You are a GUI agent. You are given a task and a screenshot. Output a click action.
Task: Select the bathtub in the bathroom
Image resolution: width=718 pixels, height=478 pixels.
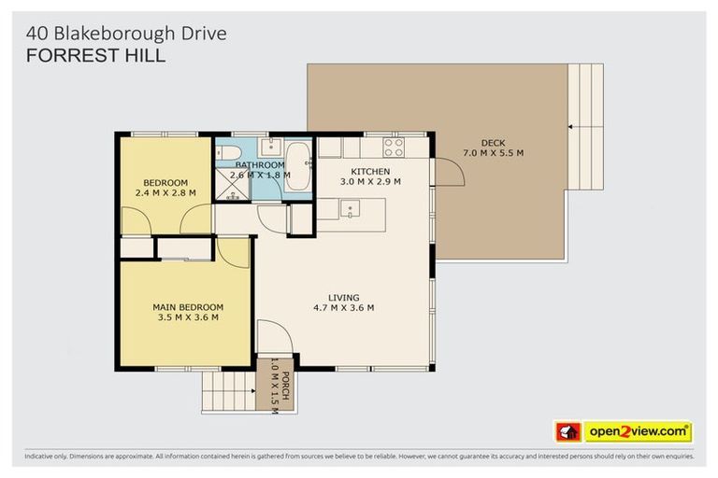(299, 166)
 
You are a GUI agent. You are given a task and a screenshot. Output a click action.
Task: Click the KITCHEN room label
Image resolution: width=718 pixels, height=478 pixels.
(370, 172)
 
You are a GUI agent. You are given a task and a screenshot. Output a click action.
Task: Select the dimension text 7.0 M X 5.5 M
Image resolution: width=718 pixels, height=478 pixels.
(493, 153)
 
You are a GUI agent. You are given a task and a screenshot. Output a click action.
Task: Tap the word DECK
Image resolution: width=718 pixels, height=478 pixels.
(493, 143)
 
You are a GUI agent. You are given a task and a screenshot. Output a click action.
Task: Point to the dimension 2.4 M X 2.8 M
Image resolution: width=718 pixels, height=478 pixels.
(165, 193)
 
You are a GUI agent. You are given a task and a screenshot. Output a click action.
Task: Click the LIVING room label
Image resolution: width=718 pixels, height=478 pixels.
(343, 298)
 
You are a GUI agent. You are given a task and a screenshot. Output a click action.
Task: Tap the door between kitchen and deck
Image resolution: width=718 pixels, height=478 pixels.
(447, 171)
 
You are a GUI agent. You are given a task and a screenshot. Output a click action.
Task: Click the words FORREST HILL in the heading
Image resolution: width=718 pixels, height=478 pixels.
(95, 56)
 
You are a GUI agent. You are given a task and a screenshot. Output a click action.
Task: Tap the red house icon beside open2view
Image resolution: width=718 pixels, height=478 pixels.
(567, 432)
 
